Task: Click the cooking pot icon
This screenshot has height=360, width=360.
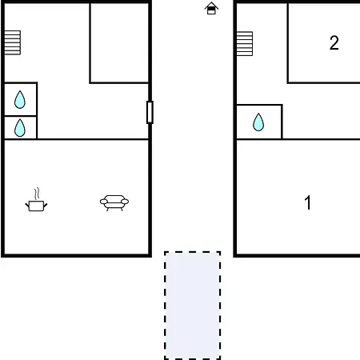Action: (36, 206)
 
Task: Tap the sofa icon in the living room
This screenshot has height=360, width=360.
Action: (114, 203)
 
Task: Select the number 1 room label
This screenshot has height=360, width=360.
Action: (308, 202)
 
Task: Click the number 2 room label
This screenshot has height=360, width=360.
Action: (334, 42)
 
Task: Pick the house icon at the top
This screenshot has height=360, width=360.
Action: (211, 8)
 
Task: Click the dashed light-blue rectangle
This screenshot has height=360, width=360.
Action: (192, 306)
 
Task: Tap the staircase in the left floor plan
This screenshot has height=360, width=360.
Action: (13, 42)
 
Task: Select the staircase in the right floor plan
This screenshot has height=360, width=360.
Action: (245, 44)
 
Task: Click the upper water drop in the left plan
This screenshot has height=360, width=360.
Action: (20, 99)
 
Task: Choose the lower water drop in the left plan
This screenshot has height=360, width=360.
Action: (20, 128)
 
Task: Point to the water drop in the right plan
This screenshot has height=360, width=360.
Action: (258, 122)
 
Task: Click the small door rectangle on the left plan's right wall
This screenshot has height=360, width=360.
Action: (150, 112)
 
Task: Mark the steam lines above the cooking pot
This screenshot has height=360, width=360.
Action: (38, 194)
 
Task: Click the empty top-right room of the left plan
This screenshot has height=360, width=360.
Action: (119, 42)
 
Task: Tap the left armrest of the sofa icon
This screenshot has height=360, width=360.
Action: (104, 202)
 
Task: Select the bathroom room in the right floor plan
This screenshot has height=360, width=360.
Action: (259, 122)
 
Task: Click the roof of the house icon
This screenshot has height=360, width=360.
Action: (211, 5)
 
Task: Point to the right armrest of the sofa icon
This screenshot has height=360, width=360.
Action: (125, 202)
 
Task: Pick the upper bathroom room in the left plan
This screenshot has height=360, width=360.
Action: (21, 99)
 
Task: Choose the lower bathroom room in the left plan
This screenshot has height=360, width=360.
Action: (21, 128)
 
